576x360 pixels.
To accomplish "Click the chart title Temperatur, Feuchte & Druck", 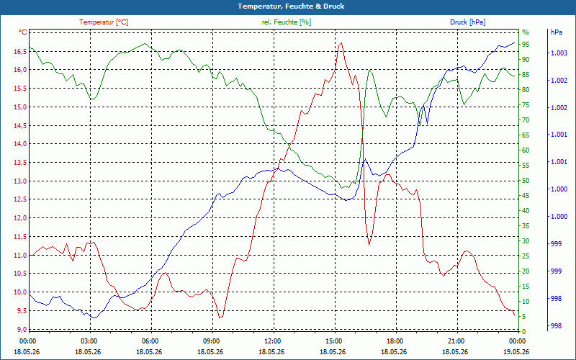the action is coord(291,6).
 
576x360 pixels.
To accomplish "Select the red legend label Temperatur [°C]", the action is coord(104,22).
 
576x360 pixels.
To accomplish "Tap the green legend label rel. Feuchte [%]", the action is coord(286,22).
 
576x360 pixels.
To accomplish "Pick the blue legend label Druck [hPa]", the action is coord(467,22).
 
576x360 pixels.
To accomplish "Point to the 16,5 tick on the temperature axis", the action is coord(20,51).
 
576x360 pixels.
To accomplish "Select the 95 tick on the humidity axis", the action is coord(526,45).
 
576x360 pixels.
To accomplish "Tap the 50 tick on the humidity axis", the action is coord(526,181).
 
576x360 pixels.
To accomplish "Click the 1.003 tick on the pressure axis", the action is coord(559,53).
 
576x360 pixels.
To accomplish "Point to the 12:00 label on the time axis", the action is coord(273,341).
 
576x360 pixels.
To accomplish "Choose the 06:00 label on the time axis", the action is coord(150,341).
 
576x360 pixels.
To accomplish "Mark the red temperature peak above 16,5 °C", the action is coord(341,43).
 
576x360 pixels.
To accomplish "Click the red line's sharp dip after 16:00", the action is coord(369,245).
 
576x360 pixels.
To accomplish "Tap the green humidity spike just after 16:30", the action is coord(369,70).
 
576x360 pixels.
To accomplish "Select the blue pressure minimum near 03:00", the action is coord(94,318).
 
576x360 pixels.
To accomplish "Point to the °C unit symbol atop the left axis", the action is coord(22,32).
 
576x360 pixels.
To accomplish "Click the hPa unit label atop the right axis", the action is coord(556,32).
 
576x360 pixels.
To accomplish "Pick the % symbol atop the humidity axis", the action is coord(526,32).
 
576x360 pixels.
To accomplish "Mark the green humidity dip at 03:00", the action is coord(93,99).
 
